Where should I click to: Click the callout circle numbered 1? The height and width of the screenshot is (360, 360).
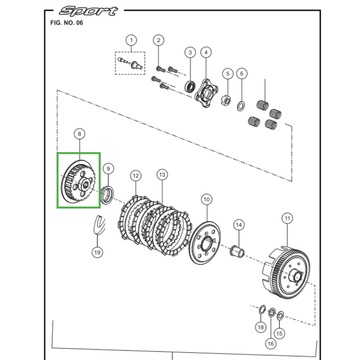point(131,40)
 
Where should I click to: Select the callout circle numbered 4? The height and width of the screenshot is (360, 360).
point(206,52)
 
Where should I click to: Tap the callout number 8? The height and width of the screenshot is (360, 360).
point(80,134)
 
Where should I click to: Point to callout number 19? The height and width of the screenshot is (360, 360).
point(97,252)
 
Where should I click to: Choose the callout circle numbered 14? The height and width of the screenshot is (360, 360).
point(238,225)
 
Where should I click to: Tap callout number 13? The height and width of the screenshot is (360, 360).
point(162,175)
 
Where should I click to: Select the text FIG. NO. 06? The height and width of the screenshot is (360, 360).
point(66,22)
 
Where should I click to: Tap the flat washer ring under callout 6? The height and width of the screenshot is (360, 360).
point(241,106)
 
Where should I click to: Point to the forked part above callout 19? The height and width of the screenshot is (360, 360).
point(97,225)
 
